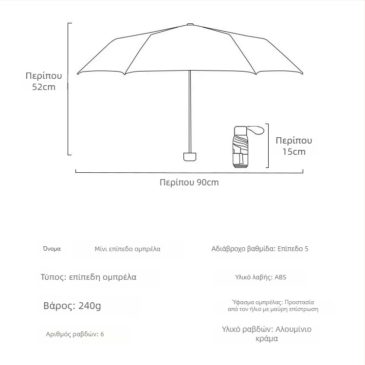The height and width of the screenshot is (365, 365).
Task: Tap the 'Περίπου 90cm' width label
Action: tap(189, 182)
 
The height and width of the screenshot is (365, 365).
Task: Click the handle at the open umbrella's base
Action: tap(190, 157)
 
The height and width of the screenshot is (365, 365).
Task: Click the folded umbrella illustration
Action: tap(241, 147)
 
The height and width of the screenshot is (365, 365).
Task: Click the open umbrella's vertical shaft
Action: tap(190, 112)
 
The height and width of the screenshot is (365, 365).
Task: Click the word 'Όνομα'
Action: tap(52, 249)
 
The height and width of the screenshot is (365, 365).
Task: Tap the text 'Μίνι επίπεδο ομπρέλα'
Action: tap(127, 249)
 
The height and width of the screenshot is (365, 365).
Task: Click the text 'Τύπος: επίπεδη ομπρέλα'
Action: tap(88, 277)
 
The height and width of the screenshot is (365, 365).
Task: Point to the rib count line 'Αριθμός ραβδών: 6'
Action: tap(75, 334)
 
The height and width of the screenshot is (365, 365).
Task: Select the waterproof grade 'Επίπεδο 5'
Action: tap(293, 249)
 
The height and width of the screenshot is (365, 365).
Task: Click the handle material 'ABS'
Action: tap(280, 277)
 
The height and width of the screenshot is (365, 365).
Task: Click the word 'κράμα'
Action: tap(267, 339)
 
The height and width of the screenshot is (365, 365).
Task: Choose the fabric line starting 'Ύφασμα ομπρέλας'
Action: tap(273, 302)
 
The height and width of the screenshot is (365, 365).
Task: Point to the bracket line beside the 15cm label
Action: tap(268, 146)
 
